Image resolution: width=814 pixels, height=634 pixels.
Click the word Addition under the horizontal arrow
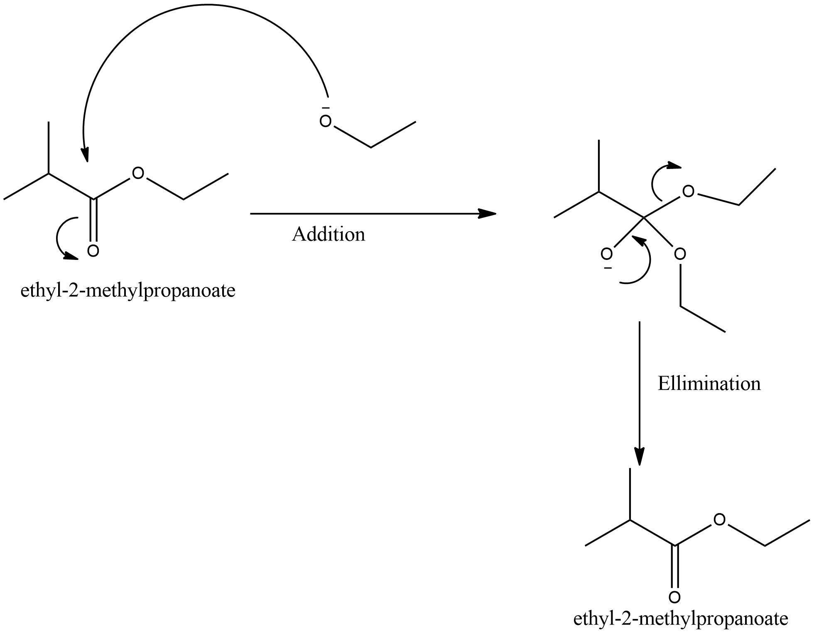coord(329,235)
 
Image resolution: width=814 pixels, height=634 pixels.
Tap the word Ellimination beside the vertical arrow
coord(709,384)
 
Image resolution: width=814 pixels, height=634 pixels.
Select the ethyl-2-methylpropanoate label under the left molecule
coord(128,291)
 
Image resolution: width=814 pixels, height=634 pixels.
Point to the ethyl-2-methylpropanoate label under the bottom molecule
coord(681,619)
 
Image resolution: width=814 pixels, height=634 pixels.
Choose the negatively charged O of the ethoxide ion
coord(326,122)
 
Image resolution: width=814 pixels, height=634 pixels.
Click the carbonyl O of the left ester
coord(93,251)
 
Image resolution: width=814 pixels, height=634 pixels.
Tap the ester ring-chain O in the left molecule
coord(138,174)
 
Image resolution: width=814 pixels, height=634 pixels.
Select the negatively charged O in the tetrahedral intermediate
coord(607,254)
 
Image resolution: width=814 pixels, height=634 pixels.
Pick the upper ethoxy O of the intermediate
coord(688,191)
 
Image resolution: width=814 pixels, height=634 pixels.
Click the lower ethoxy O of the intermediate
coord(680,254)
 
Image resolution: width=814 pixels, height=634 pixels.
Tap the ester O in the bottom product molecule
coord(719,519)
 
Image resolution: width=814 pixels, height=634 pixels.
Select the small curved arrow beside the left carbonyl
coord(62,239)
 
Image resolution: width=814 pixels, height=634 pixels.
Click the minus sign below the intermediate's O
coord(608,269)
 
